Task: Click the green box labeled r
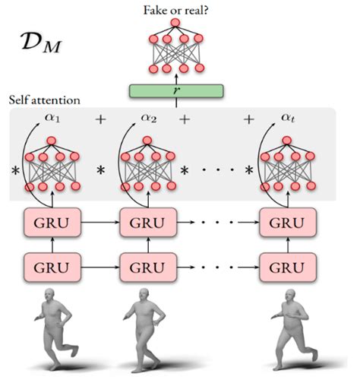coord(175,91)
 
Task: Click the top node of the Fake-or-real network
coord(175,23)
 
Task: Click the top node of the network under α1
coord(52,141)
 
